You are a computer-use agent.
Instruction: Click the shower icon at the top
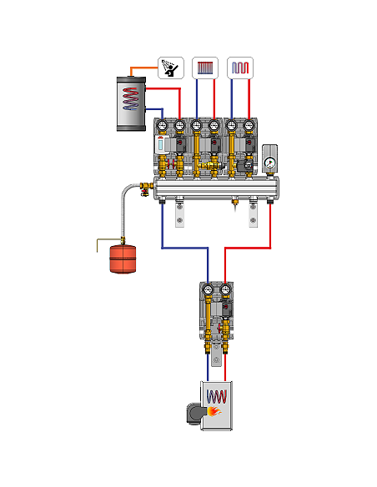(x=170, y=66)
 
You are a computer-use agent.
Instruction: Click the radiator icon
(x=205, y=66)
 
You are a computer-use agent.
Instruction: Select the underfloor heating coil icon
(x=240, y=66)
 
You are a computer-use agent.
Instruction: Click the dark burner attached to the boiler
(x=193, y=413)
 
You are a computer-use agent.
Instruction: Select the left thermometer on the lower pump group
(x=209, y=292)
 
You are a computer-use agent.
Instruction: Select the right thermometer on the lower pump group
(x=224, y=292)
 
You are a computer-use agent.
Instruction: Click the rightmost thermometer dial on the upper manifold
(x=249, y=127)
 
